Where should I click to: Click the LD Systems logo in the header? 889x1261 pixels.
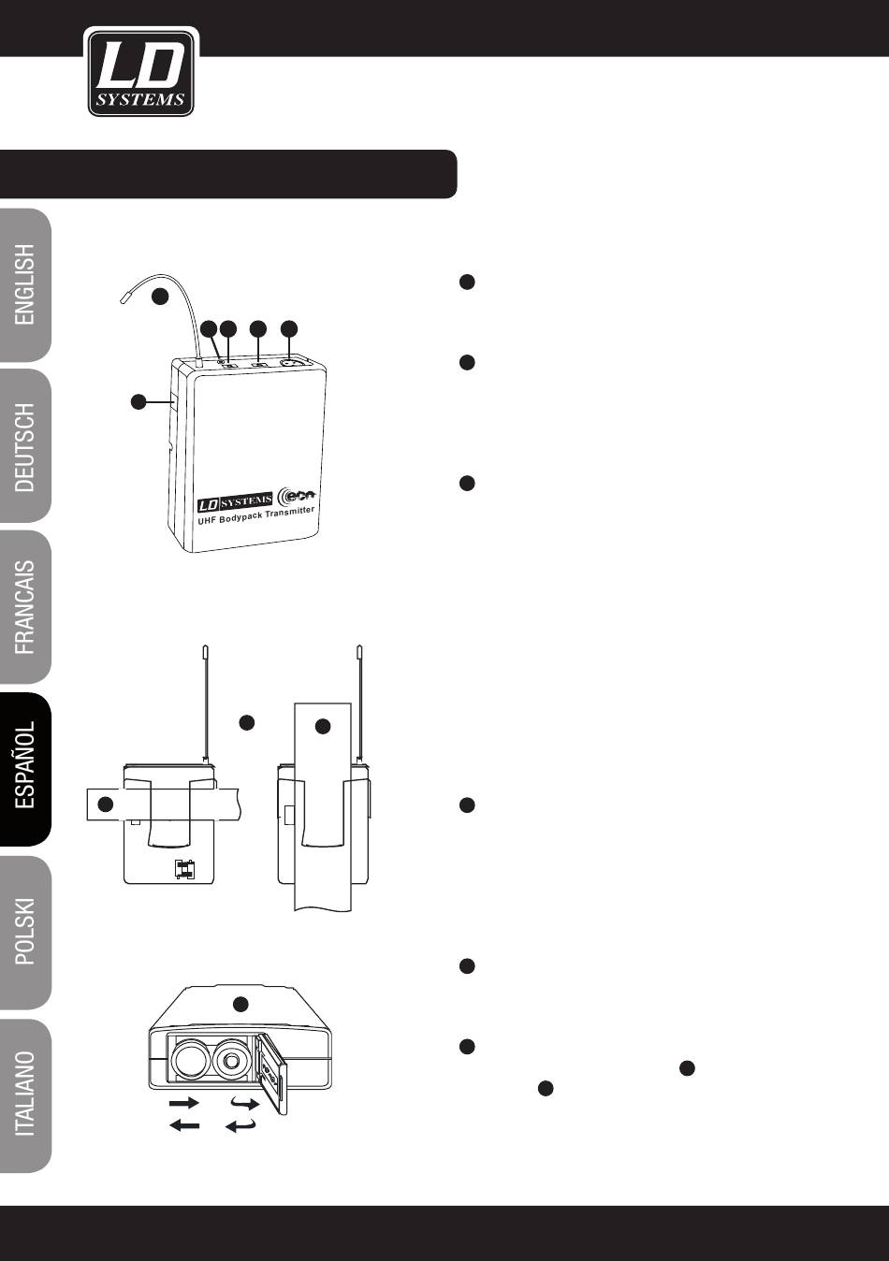[141, 73]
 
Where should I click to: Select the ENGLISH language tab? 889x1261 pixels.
[25, 285]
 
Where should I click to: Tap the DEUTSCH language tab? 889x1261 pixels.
[25, 446]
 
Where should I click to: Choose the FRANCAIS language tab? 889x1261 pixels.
[25, 607]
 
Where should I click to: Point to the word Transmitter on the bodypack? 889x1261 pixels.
[289, 513]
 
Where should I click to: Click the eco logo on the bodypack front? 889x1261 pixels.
[299, 495]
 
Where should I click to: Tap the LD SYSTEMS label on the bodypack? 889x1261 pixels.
[235, 501]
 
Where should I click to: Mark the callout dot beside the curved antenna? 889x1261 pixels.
[160, 297]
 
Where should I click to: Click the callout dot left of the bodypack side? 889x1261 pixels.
[138, 401]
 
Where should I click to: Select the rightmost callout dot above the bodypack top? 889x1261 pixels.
[289, 328]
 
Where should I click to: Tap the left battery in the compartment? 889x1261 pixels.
[193, 1061]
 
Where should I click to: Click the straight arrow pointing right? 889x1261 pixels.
[184, 1102]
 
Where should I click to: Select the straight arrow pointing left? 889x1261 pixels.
[184, 1125]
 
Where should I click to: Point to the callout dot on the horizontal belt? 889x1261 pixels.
[106, 804]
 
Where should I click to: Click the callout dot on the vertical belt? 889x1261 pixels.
[323, 726]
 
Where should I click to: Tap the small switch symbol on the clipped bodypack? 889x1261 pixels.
[185, 869]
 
